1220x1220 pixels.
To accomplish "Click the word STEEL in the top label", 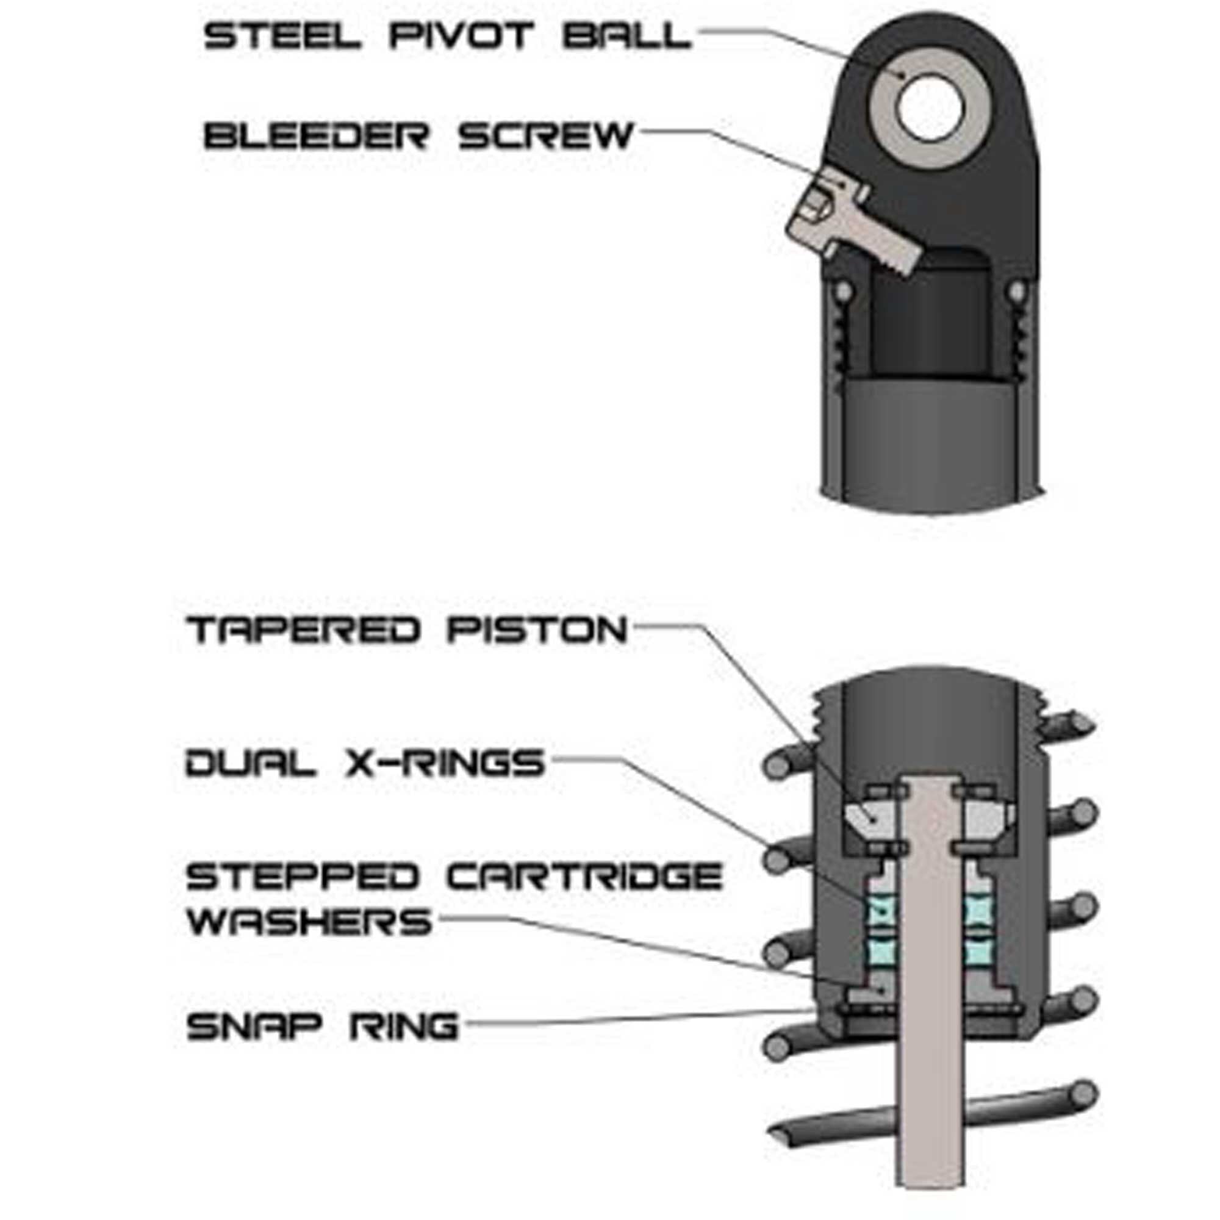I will pos(282,35).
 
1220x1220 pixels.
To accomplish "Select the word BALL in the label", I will pos(626,35).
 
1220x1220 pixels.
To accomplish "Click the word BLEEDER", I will pos(317,136).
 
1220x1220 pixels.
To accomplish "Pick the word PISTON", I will pos(537,630).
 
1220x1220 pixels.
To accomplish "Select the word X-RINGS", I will pos(445,763).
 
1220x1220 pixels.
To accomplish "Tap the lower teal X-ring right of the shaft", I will pos(977,951).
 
